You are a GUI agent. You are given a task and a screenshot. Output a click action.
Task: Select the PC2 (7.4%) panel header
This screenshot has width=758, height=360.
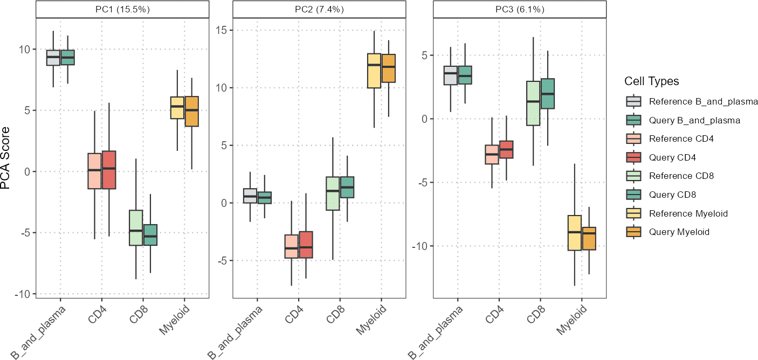(319, 9)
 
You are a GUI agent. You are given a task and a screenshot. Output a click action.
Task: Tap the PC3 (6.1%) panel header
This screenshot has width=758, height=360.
(520, 9)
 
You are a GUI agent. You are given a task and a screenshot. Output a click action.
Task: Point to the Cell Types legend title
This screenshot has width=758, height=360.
(651, 81)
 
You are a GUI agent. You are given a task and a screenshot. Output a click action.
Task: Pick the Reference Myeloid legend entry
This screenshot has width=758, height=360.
(688, 213)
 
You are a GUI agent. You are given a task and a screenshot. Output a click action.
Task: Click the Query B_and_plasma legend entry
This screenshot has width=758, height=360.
(694, 120)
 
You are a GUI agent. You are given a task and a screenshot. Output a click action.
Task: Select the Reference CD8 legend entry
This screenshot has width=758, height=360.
(681, 176)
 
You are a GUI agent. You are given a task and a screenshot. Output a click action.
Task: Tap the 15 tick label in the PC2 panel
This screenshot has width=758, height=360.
(222, 30)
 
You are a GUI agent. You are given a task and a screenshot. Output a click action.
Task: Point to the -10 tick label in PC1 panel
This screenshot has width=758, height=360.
(23, 294)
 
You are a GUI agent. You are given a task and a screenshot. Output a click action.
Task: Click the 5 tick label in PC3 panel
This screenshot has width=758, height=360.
(424, 56)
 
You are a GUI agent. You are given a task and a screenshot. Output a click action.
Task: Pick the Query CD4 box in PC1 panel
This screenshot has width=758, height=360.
(109, 170)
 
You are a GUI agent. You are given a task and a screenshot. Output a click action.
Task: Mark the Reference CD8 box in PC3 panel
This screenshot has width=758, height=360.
(533, 103)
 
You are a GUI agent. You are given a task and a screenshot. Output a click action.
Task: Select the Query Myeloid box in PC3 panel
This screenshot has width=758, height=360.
(589, 238)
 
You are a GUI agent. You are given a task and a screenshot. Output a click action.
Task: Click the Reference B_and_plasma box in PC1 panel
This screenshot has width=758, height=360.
(53, 57)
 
